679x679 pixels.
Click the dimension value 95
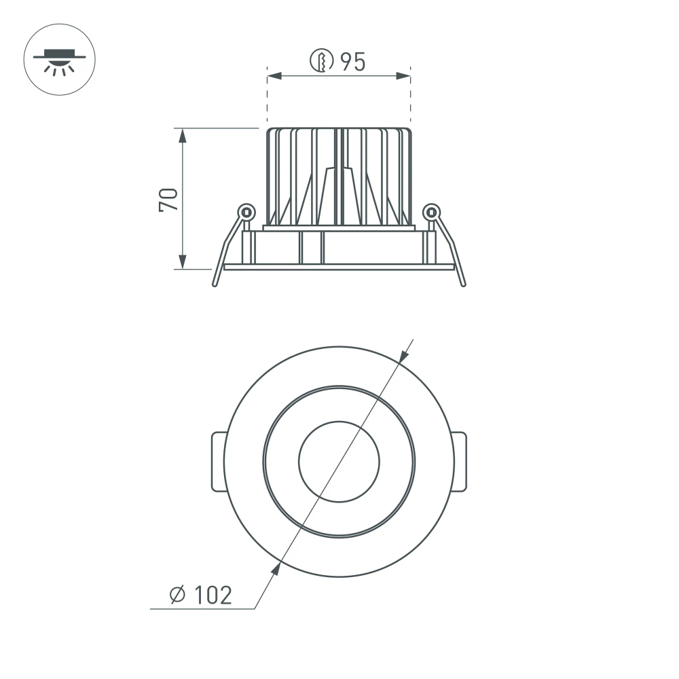(x=352, y=62)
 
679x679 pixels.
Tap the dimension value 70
(x=168, y=198)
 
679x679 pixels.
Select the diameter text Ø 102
(x=200, y=595)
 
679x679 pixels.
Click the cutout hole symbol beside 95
(x=320, y=61)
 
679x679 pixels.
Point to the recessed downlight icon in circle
(x=60, y=60)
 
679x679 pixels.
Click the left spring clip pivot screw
(x=246, y=212)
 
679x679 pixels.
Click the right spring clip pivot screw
(x=431, y=212)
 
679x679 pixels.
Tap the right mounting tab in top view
(x=460, y=462)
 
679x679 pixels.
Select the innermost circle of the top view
(x=339, y=462)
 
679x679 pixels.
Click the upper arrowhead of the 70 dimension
(x=182, y=135)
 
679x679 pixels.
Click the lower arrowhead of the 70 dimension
(x=182, y=261)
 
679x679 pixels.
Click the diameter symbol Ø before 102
(x=177, y=595)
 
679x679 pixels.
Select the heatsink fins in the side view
(x=339, y=177)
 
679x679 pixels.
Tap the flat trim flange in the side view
(x=339, y=267)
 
